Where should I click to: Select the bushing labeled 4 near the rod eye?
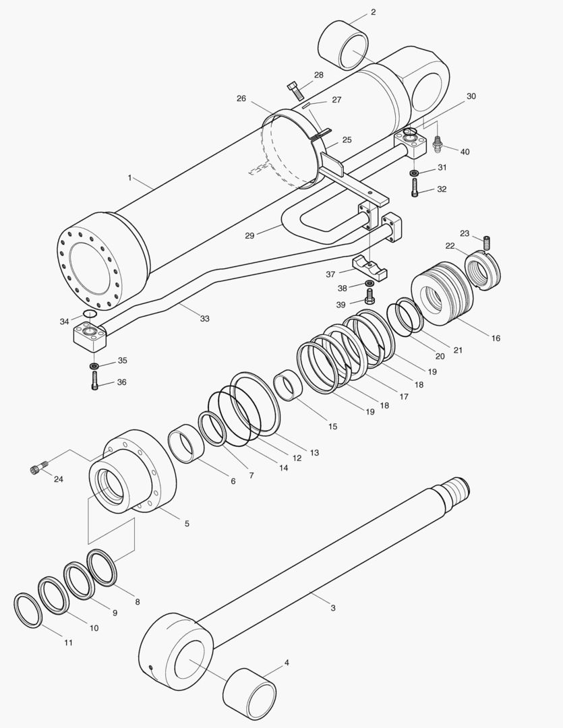point(249,694)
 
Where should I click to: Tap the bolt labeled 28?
point(295,90)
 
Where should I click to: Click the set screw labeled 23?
point(487,240)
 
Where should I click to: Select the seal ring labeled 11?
point(28,610)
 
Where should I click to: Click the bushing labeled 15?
point(287,386)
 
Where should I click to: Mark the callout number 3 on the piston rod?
point(332,608)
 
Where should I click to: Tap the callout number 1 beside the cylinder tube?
point(129,178)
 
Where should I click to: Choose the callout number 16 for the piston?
point(496,338)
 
